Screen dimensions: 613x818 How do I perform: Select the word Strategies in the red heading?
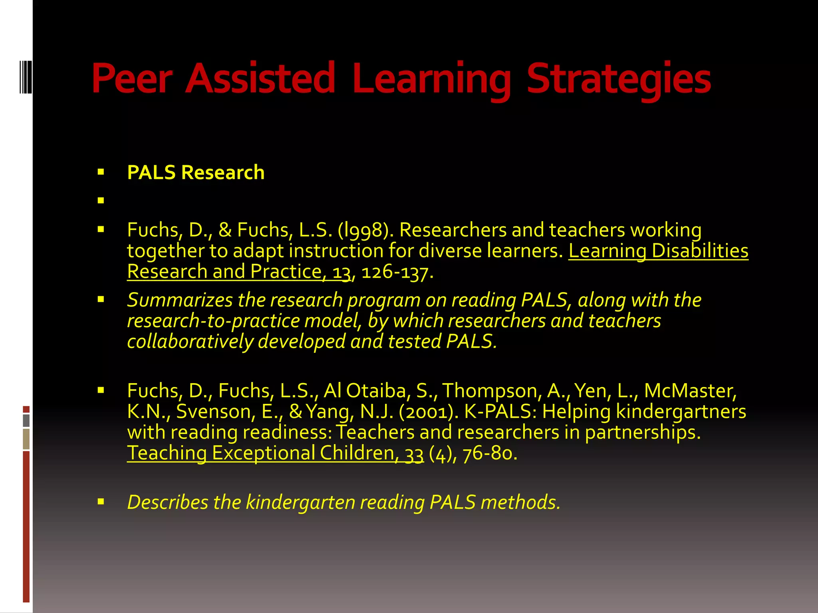[x=619, y=79]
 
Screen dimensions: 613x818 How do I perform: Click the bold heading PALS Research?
[x=196, y=172]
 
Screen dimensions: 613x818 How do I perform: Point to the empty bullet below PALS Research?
[x=101, y=200]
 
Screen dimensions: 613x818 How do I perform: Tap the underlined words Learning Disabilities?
[x=658, y=251]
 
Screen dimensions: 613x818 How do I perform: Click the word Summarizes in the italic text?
[x=180, y=300]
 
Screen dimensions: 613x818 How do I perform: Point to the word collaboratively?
[x=190, y=342]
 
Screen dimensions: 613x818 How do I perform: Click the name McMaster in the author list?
[x=690, y=391]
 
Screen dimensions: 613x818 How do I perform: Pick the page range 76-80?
[x=490, y=453]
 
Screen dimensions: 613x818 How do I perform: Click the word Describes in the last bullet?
[x=167, y=502]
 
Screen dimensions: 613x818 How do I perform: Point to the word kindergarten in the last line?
[x=300, y=502]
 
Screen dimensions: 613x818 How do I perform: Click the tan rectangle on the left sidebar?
[x=26, y=439]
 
